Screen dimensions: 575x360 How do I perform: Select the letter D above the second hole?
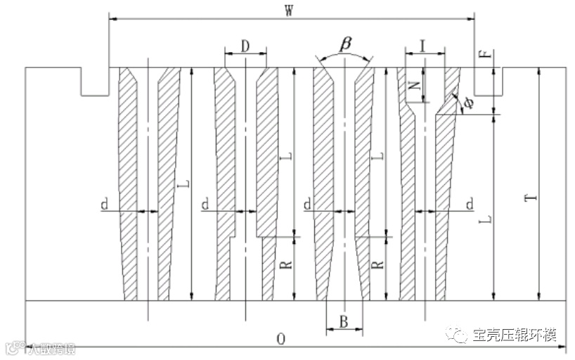click(x=245, y=46)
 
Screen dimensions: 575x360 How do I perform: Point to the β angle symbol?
click(x=345, y=44)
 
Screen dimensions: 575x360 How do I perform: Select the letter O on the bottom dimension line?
click(x=280, y=339)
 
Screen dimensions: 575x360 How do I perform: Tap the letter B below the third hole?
click(x=344, y=322)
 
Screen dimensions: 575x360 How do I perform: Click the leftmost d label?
click(x=104, y=205)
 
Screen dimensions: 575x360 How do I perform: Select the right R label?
click(x=377, y=266)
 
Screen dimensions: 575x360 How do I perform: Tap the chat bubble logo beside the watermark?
click(x=460, y=335)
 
